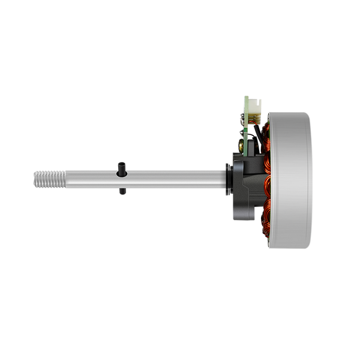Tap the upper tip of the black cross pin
coord(122,163)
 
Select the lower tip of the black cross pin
coord(122,192)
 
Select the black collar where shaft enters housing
coord(227,178)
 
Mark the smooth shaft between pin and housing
coord(174,178)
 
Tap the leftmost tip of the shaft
coord(32,178)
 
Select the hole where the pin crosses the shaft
coord(122,178)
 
